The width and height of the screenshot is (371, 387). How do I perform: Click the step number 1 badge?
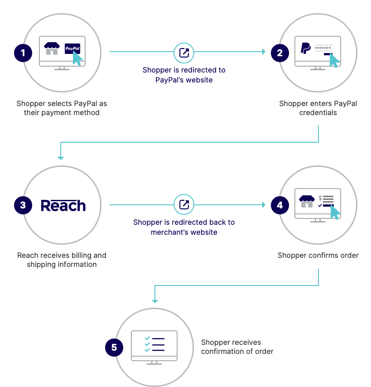[x=23, y=53]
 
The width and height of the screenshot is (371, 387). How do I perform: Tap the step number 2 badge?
[x=279, y=53]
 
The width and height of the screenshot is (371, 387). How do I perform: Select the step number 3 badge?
[x=23, y=205]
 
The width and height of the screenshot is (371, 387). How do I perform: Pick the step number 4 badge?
[x=279, y=205]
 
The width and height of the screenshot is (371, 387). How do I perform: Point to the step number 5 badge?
[x=114, y=348]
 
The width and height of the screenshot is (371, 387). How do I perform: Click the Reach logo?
[x=63, y=206]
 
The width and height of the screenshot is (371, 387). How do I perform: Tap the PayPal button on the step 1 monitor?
[x=72, y=48]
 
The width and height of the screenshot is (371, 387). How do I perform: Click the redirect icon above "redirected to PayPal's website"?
[x=184, y=53]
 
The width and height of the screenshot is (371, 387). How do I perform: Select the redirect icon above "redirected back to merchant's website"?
[x=184, y=205]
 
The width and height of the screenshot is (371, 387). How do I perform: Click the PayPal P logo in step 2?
[x=306, y=48]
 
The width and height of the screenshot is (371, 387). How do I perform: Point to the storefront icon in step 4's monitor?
[x=307, y=201]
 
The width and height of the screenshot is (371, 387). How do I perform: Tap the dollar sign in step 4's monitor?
[x=320, y=198]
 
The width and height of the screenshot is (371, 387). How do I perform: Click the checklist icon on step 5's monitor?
[x=154, y=344]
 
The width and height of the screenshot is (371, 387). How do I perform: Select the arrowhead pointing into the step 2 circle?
[x=263, y=52]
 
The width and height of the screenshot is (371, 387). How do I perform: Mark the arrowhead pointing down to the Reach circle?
[x=61, y=158]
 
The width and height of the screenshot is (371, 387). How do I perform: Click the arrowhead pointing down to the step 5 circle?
[x=155, y=301]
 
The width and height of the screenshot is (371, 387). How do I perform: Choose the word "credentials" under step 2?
[x=318, y=112]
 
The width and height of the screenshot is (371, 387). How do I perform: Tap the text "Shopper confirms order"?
[x=318, y=255]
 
